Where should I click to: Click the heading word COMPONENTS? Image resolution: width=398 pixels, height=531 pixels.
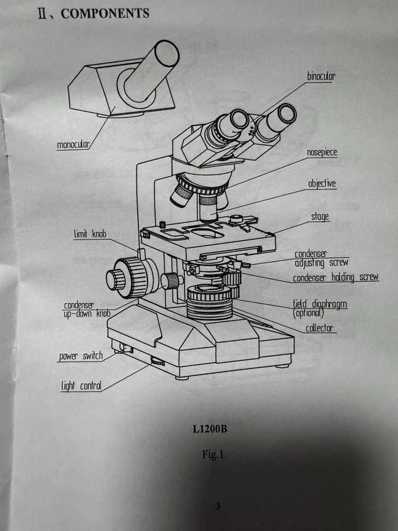click(x=105, y=14)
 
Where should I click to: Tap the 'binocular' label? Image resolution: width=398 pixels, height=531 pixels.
click(x=321, y=76)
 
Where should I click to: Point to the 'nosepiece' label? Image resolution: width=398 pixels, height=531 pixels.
click(x=322, y=153)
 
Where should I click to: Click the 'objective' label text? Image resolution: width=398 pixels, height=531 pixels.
click(x=322, y=184)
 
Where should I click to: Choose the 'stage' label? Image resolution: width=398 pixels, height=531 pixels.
click(x=320, y=217)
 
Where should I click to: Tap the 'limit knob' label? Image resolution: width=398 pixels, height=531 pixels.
click(x=90, y=234)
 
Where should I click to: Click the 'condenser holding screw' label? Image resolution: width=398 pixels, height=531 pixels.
click(x=335, y=277)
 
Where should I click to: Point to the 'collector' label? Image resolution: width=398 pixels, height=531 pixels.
click(x=319, y=328)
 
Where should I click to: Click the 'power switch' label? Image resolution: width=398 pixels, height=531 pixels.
click(x=81, y=356)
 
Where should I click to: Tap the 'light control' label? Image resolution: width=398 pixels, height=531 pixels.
click(x=81, y=386)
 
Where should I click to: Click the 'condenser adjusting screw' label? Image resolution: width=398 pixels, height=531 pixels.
click(x=321, y=259)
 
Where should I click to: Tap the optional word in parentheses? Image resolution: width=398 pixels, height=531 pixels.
click(x=308, y=313)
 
